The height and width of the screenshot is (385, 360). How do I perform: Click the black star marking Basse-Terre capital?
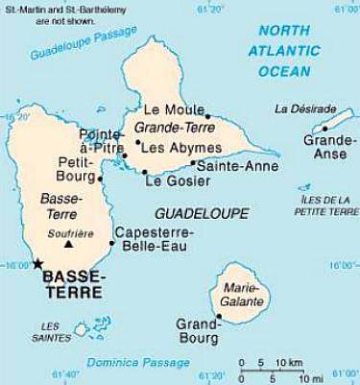(x=37, y=262)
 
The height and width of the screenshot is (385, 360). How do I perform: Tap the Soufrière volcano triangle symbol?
(x=68, y=245)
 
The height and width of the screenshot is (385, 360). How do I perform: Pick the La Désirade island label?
(x=305, y=108)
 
